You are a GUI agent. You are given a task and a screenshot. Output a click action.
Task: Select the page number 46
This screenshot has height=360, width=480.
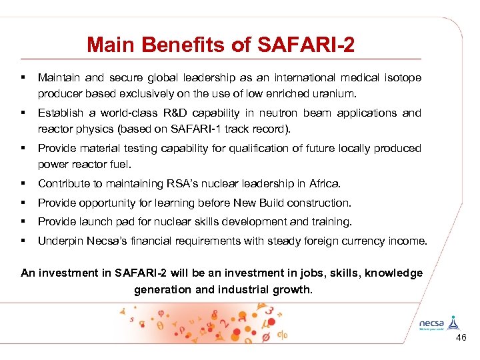461,339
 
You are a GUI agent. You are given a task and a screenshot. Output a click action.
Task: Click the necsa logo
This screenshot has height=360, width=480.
437,322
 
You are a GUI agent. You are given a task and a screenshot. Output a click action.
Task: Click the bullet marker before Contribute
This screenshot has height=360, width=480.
23,183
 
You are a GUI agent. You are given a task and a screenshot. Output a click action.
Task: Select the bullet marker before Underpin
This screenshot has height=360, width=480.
23,241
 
